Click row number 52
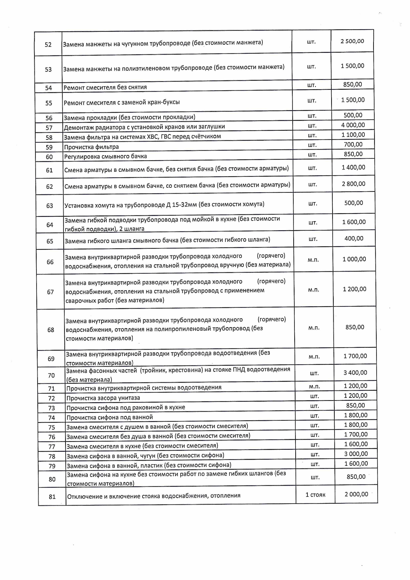48,45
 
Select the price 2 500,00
352,41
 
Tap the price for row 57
353,125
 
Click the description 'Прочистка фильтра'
91,147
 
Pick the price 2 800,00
354,184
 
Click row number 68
51,330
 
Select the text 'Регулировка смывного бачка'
106,156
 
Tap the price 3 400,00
355,373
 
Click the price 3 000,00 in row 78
356,454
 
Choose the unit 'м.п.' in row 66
313,260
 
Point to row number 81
52,497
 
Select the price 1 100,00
353,135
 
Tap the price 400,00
354,239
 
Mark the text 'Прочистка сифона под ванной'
110,417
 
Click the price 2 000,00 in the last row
356,494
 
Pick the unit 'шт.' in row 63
313,204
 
